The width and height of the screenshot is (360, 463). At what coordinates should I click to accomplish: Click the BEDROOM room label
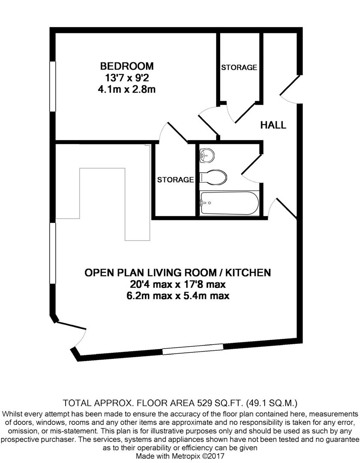click(x=127, y=66)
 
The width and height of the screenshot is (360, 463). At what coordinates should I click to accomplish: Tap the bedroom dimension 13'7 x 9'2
click(x=127, y=78)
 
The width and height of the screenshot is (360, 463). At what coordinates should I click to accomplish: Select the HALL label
click(x=273, y=125)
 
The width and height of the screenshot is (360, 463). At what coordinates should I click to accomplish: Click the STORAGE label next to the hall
click(x=239, y=68)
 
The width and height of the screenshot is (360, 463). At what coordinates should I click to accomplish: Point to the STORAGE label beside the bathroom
click(x=175, y=180)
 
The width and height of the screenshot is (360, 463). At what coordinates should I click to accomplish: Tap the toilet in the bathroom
click(x=213, y=177)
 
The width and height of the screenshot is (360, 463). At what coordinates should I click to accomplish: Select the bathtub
click(x=230, y=203)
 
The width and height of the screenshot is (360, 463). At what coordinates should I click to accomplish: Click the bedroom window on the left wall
click(x=53, y=86)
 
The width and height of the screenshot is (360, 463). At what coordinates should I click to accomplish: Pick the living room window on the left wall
click(x=53, y=253)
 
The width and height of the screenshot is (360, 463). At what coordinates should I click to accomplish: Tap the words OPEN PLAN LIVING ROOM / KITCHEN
click(x=178, y=273)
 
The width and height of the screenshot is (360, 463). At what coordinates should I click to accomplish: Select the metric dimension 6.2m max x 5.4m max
click(x=178, y=295)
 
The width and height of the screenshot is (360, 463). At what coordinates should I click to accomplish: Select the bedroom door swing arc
click(x=164, y=131)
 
